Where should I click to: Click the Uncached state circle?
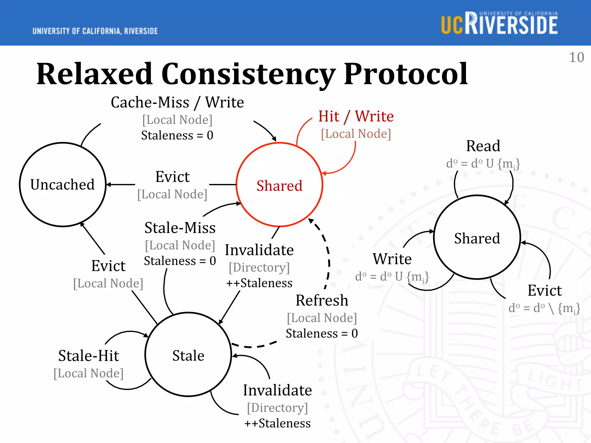coord(63,185)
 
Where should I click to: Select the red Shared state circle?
coord(279,185)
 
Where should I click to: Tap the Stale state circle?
coord(188,355)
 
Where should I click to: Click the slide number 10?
coord(576,57)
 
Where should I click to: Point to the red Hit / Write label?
coord(356,116)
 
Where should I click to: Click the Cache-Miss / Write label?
coord(177,102)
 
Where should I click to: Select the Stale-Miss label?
coord(180,228)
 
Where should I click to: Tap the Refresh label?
coord(322,301)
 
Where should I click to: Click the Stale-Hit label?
coord(89,356)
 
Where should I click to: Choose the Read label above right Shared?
coord(483,146)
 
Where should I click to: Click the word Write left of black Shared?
coord(392,259)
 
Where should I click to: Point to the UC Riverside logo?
coord(499,23)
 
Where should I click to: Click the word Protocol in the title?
coord(405,74)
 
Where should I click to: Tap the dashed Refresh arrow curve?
coord(329,260)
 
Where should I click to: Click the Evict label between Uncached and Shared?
coord(172,177)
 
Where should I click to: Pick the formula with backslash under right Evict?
coord(544,308)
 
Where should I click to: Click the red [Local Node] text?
coord(356,134)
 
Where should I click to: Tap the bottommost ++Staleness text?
coord(277,423)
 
